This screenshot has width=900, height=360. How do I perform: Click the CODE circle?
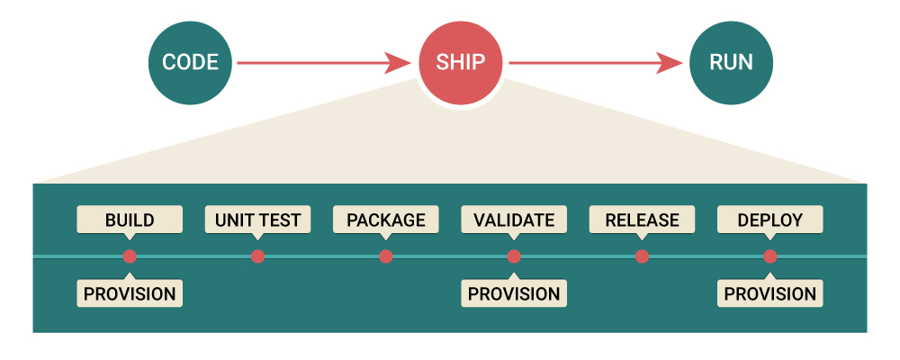click(x=190, y=63)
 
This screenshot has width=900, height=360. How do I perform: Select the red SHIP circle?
click(x=461, y=63)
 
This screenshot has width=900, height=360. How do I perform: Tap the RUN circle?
click(x=732, y=63)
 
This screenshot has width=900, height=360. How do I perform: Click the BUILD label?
click(x=130, y=220)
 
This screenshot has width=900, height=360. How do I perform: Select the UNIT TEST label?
click(x=257, y=220)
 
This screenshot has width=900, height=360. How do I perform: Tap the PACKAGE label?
click(x=386, y=220)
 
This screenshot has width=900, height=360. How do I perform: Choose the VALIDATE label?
click(x=514, y=220)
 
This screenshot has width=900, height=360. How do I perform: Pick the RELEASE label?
click(x=642, y=220)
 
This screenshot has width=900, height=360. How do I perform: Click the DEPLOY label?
click(x=770, y=220)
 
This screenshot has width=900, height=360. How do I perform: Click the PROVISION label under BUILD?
click(x=130, y=293)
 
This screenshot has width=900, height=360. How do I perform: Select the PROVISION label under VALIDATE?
click(x=514, y=293)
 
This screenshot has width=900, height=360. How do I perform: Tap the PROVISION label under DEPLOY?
click(x=770, y=293)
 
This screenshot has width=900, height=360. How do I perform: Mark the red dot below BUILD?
click(x=130, y=256)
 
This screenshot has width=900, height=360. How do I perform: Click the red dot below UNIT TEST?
click(x=257, y=256)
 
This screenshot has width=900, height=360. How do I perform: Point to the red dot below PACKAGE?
click(x=386, y=256)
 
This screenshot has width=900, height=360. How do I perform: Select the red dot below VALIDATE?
click(x=514, y=256)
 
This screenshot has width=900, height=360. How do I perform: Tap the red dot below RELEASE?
click(x=642, y=256)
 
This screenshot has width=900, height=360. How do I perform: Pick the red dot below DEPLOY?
click(x=770, y=256)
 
